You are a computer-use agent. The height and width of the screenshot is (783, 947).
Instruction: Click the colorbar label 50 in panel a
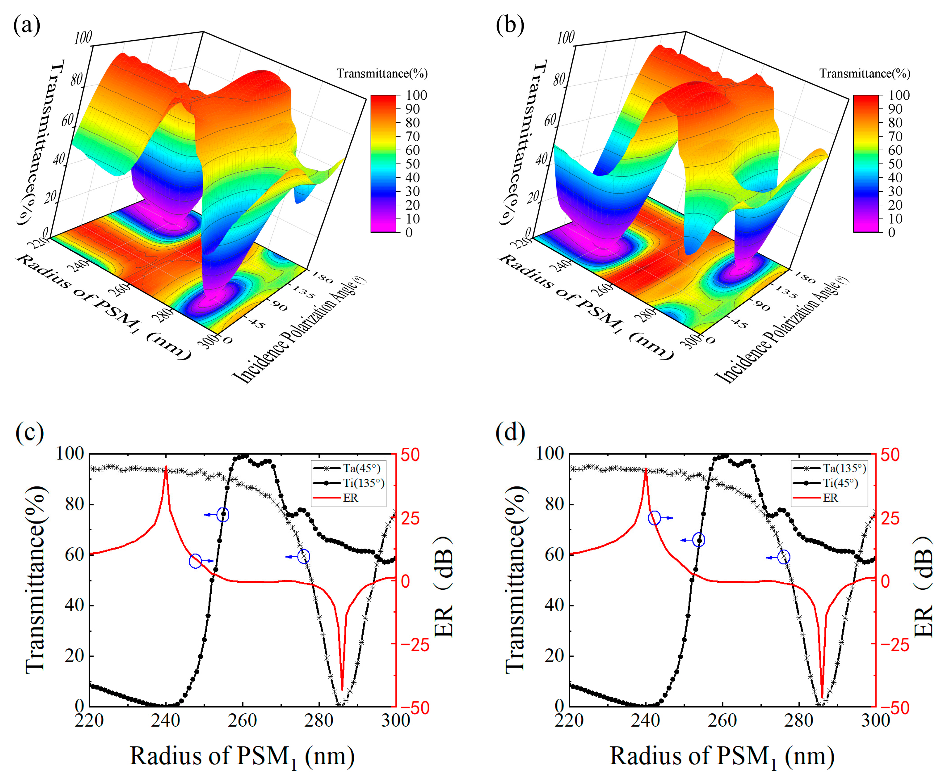tap(412, 164)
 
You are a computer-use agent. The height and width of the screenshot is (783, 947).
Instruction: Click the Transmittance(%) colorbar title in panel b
tap(864, 73)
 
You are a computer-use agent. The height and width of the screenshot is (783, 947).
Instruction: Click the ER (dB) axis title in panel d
tap(923, 586)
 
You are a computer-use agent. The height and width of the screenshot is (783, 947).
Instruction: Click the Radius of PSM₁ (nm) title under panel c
tap(242, 756)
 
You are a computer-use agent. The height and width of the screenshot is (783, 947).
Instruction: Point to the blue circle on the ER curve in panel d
tap(654, 518)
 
